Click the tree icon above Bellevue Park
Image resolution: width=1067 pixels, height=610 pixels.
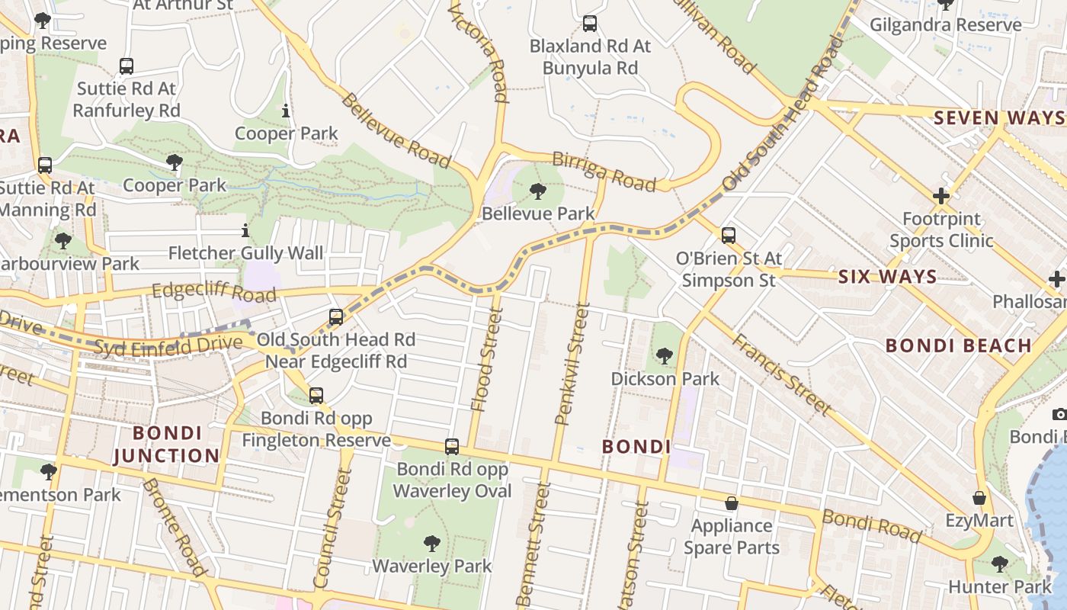pyautogui.click(x=538, y=191)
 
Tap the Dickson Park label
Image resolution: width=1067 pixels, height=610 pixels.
pyautogui.click(x=665, y=378)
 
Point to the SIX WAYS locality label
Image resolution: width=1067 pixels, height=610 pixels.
pyautogui.click(x=887, y=277)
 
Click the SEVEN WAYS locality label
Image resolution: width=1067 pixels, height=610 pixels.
pyautogui.click(x=998, y=117)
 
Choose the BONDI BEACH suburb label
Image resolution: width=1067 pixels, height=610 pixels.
pyautogui.click(x=958, y=345)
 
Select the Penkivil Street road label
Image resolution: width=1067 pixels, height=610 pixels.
pyautogui.click(x=574, y=364)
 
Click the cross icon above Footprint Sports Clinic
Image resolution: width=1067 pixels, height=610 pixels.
pyautogui.click(x=941, y=196)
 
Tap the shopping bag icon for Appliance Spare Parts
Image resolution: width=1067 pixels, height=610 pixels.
pyautogui.click(x=731, y=503)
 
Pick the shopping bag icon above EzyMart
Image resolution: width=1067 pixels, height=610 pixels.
pyautogui.click(x=979, y=498)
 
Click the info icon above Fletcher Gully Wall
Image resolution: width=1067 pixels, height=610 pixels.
pyautogui.click(x=245, y=230)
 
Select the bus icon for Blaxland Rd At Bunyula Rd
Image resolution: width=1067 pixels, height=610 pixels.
pyautogui.click(x=589, y=24)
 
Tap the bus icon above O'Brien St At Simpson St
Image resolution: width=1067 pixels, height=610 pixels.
pyautogui.click(x=729, y=236)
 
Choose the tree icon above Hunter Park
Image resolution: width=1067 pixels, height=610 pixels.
pyautogui.click(x=999, y=564)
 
